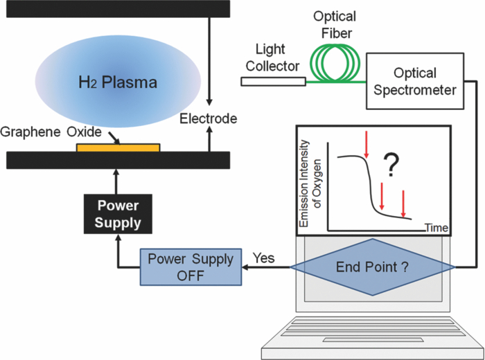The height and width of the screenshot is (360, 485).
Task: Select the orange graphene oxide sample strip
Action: pyautogui.click(x=118, y=147)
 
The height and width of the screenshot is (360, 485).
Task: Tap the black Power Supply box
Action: pyautogui.click(x=118, y=214)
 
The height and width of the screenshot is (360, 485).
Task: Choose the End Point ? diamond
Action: pyautogui.click(x=368, y=267)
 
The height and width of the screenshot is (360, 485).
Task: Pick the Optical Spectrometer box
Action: pyautogui.click(x=415, y=82)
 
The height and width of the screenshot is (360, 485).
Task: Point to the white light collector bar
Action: pyautogui.click(x=273, y=82)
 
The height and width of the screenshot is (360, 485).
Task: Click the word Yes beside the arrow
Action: pyautogui.click(x=263, y=258)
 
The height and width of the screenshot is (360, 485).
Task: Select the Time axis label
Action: pyautogui.click(x=436, y=228)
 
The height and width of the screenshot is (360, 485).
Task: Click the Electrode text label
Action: pyautogui.click(x=208, y=119)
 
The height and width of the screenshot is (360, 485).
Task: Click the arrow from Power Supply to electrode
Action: pyautogui.click(x=118, y=182)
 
